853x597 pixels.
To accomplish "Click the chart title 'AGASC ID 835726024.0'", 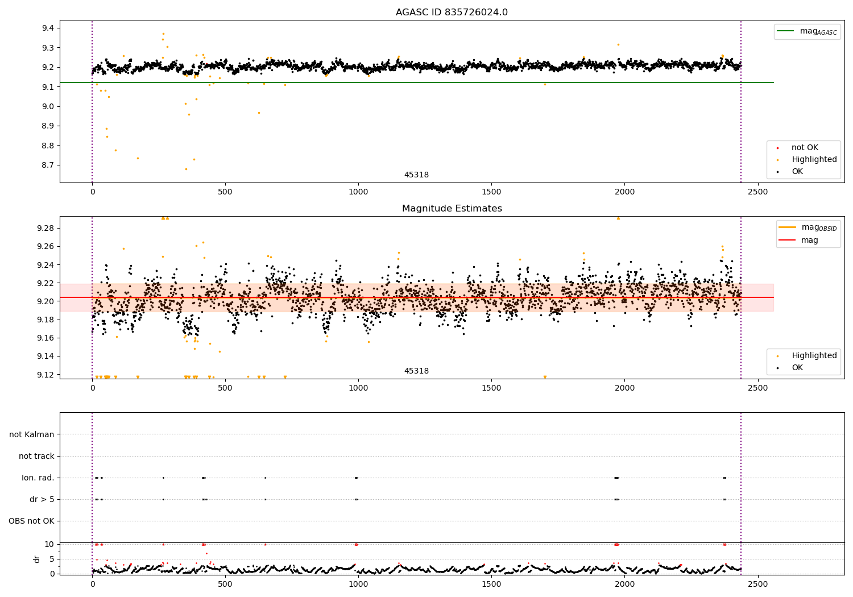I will click(452, 13).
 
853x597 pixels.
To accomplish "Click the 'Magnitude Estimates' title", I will click(452, 209).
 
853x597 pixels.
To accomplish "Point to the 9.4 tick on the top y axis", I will click(48, 28).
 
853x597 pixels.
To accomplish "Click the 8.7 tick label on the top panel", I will click(48, 165).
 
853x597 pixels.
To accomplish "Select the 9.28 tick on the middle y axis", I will click(46, 229).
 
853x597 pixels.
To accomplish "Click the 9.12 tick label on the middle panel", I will click(46, 375).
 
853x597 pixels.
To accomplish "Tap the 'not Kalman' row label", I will click(32, 435).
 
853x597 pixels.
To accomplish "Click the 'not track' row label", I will click(36, 457).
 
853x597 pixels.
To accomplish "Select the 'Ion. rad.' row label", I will click(38, 478).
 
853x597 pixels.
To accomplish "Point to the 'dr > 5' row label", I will click(42, 500).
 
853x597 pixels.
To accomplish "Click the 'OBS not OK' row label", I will click(32, 521).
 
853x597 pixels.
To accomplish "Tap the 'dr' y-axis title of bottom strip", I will click(37, 559).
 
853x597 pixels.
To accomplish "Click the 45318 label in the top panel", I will click(416, 175).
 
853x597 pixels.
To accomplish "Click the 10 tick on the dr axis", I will click(49, 545).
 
